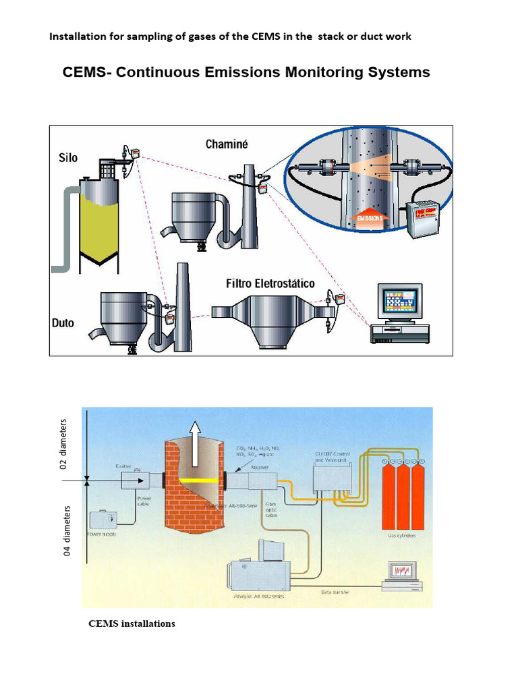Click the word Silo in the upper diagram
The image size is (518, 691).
click(67, 158)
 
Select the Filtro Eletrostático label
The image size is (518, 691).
click(270, 284)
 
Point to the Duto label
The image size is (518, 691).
click(63, 323)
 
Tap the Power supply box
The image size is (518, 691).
click(103, 520)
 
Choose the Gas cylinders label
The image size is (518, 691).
click(402, 535)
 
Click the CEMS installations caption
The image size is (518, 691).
click(132, 624)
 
